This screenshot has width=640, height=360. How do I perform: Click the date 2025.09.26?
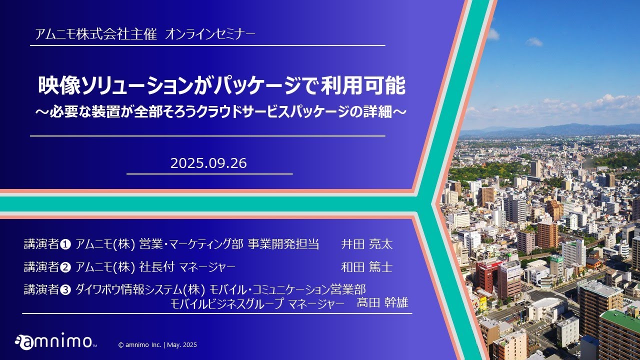click(x=208, y=163)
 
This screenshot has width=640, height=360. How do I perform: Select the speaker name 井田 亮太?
click(x=367, y=244)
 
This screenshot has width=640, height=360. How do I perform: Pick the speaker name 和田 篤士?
click(x=367, y=267)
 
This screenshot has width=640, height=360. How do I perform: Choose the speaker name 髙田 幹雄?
click(x=382, y=302)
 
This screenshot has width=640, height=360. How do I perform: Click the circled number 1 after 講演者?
click(x=65, y=244)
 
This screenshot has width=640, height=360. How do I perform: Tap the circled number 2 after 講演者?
click(x=65, y=267)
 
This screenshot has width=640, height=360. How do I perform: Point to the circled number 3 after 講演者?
click(x=65, y=290)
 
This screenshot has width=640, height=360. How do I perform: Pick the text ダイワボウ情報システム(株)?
click(x=140, y=290)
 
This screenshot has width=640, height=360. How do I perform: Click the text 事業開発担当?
click(x=283, y=244)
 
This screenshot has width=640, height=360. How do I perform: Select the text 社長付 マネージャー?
click(x=187, y=267)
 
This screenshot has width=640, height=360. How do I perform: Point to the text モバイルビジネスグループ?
click(x=227, y=303)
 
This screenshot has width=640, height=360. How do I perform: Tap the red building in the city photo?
click(x=487, y=275)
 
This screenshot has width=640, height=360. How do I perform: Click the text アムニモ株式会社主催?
click(x=96, y=34)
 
